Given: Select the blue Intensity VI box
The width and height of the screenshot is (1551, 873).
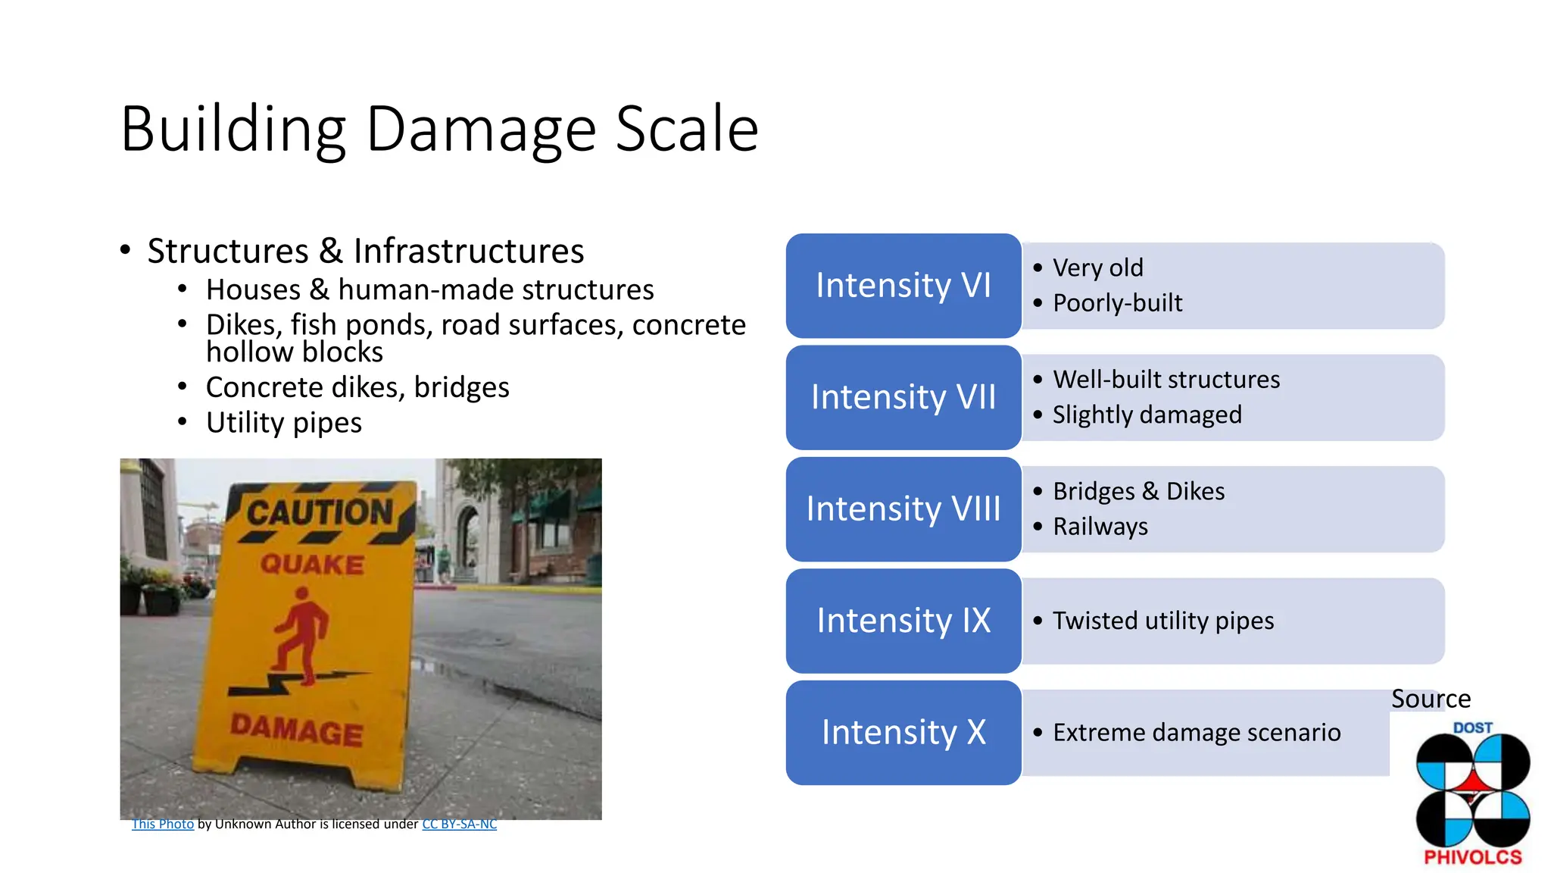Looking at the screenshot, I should pos(903,286).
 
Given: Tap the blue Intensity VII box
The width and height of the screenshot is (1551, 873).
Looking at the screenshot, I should pos(903,397).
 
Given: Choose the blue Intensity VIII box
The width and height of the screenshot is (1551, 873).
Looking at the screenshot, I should pos(903,508).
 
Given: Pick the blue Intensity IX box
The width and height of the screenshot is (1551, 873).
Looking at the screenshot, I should pos(903,621).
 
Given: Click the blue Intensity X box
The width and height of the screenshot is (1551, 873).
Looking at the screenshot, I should pos(903,732).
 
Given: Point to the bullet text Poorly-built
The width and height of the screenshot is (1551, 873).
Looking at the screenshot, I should pos(1117,303).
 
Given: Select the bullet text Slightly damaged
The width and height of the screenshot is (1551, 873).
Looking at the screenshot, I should pos(1147,415).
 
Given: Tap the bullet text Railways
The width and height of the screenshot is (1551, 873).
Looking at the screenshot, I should pos(1100,526).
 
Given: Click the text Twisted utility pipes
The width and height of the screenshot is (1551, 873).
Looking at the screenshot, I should pos(1162,621).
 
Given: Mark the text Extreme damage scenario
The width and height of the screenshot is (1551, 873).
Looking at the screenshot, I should pos(1196,733).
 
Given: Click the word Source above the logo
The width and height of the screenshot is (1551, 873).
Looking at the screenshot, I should pos(1431,699).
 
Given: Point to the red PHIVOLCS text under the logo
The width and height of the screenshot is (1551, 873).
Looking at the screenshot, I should pos(1472,857).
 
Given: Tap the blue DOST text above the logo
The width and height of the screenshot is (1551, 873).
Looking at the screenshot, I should pos(1472,727).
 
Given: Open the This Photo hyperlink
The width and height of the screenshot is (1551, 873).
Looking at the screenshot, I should pos(163,824).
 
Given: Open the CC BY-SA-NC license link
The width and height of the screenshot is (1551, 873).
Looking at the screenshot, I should pos(459,824).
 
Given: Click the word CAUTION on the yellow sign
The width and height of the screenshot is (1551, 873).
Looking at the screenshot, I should pos(320,512).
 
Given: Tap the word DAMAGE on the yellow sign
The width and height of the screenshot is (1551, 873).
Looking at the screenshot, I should pos(297,731).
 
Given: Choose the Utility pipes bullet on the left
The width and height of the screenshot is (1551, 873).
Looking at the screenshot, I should pos(283,423).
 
